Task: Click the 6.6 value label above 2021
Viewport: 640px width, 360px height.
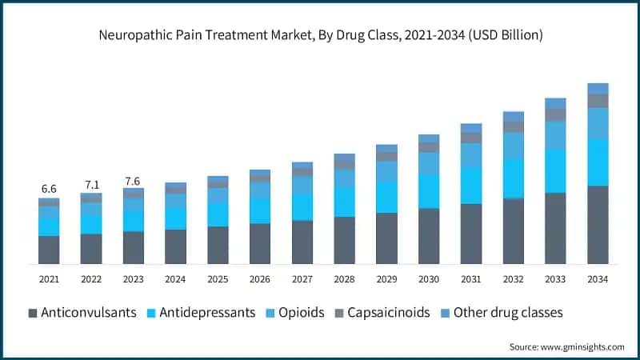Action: pyautogui.click(x=49, y=189)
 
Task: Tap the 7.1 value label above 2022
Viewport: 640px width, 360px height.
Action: pyautogui.click(x=91, y=185)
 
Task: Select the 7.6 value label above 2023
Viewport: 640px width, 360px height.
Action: pyautogui.click(x=133, y=180)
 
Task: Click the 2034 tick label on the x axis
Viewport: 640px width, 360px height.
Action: pyautogui.click(x=598, y=279)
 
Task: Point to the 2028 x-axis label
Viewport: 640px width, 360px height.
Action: pyautogui.click(x=344, y=279)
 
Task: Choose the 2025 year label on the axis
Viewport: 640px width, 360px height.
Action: pyautogui.click(x=218, y=279)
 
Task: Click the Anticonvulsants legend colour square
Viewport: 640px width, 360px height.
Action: pyautogui.click(x=32, y=312)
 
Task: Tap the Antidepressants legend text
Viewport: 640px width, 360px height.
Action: pyautogui.click(x=209, y=312)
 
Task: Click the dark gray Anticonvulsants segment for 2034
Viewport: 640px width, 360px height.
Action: pyautogui.click(x=598, y=225)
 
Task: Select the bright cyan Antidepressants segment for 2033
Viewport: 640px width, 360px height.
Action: pyautogui.click(x=555, y=170)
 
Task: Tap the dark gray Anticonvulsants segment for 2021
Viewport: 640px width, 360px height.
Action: pyautogui.click(x=49, y=250)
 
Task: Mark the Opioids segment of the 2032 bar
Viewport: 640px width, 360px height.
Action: pyautogui.click(x=513, y=146)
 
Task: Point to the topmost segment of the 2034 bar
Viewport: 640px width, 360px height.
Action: pyautogui.click(x=598, y=88)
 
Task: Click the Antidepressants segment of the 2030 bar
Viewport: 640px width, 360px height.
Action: pyautogui.click(x=429, y=191)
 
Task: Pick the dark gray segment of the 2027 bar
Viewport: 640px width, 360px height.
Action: pyautogui.click(x=302, y=242)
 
